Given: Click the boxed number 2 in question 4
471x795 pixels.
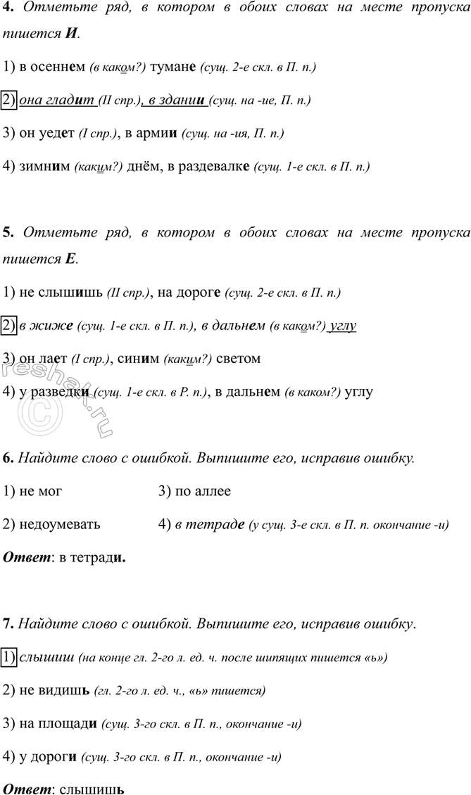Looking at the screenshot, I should pyautogui.click(x=9, y=100).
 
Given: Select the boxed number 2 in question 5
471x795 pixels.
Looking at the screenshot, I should pyautogui.click(x=9, y=326).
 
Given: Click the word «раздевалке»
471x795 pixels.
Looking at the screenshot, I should pyautogui.click(x=217, y=166).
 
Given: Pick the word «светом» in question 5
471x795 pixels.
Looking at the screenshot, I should pyautogui.click(x=239, y=358).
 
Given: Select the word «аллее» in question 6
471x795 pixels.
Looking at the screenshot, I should pyautogui.click(x=211, y=491).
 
